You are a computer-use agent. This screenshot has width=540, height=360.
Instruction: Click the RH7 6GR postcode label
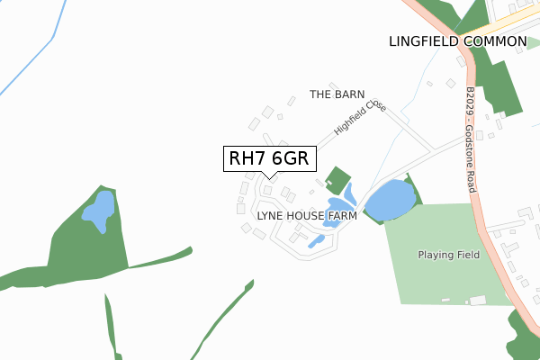click(269, 158)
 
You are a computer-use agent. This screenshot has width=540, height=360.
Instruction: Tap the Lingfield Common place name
click(457, 41)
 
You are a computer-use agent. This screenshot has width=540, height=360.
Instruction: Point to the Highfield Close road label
click(360, 117)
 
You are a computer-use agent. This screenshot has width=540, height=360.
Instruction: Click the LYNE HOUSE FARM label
click(307, 217)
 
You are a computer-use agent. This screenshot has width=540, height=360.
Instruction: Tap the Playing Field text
click(449, 255)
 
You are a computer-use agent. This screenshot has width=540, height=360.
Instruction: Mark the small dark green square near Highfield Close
click(337, 178)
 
